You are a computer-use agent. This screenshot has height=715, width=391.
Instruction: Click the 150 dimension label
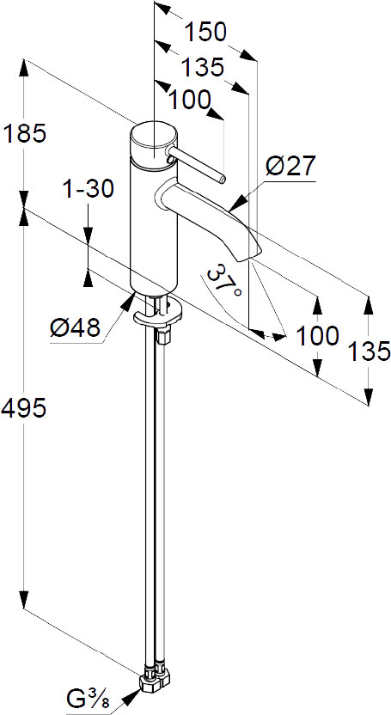(x=205, y=33)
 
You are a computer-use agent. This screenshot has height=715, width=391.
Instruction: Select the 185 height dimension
(x=25, y=134)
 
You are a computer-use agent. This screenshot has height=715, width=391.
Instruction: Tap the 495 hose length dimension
(x=24, y=408)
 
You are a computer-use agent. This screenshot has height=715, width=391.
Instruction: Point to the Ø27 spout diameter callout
(x=290, y=166)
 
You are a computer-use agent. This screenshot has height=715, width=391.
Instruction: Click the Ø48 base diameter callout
(x=75, y=327)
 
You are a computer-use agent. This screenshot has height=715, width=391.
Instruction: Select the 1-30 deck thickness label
(x=88, y=189)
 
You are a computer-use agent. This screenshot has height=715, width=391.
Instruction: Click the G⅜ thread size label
(x=89, y=699)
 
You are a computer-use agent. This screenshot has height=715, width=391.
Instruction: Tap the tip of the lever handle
(x=222, y=179)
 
